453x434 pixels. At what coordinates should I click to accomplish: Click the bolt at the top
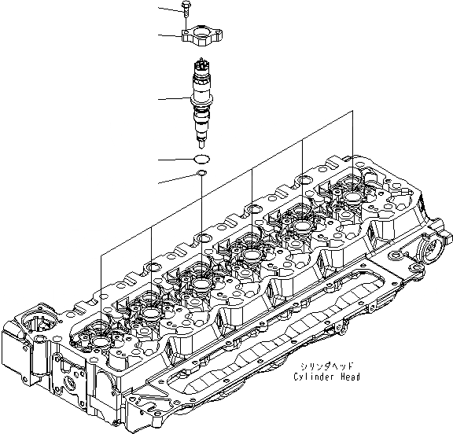pos(185,9)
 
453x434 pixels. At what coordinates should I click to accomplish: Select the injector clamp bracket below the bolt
pos(203,35)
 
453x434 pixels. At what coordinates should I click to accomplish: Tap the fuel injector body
pos(201,103)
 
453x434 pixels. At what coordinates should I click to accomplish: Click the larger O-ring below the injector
pos(202,159)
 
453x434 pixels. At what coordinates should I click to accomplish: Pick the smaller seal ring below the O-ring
pos(201,173)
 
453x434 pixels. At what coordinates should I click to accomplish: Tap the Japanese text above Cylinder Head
pos(326,366)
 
